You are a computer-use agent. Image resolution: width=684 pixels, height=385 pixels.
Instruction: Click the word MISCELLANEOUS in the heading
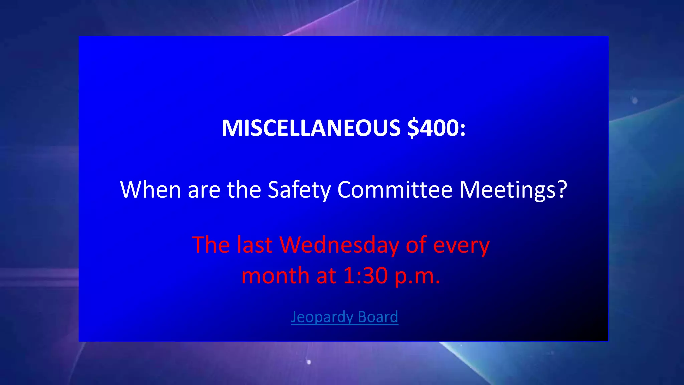coord(311,128)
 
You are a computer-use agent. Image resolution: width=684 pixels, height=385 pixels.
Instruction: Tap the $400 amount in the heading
coord(433,128)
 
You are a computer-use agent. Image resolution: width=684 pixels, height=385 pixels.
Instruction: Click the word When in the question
coord(150,189)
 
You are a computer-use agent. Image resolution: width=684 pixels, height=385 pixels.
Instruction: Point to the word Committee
coord(395,189)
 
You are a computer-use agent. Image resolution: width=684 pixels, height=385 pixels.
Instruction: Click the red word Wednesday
coord(339,245)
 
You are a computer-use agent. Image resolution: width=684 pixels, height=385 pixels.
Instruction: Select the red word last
coord(254,245)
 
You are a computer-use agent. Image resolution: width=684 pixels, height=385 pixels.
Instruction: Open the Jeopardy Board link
coord(344,317)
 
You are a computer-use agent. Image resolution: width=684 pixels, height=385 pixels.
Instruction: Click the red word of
coord(416,245)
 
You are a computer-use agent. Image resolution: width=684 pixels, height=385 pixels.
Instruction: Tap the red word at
coord(326,276)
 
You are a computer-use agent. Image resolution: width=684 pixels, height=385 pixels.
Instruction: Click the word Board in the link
coord(378,316)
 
